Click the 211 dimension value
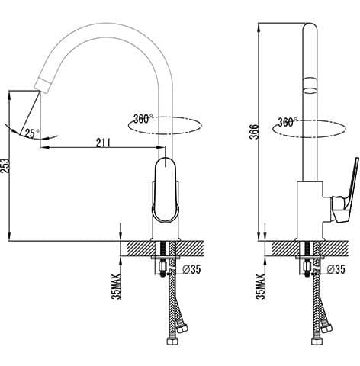103,143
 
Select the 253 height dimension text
5,165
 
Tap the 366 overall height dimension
254,132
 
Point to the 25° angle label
31,133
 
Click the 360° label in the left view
143,119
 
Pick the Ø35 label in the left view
191,269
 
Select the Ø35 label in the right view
336,269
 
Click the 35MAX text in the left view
117,287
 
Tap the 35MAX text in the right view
261,287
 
